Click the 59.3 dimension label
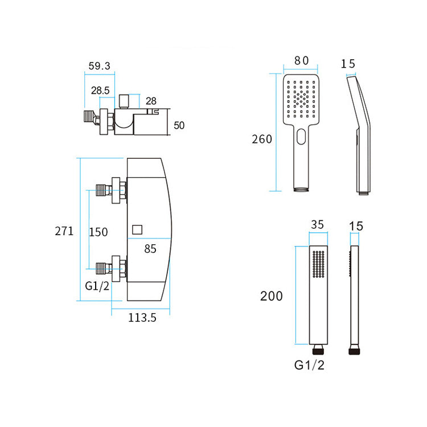click(100, 65)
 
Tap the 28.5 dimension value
click(100, 90)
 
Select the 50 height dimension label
click(179, 125)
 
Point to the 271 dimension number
click(64, 231)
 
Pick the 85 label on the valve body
click(150, 248)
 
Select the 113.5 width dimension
click(142, 318)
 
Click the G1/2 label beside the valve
click(97, 286)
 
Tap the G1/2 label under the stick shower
click(310, 365)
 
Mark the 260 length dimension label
click(262, 139)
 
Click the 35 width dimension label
click(317, 225)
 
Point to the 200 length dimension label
click(272, 296)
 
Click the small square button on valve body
click(137, 230)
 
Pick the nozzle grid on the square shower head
click(301, 100)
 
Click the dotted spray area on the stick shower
click(318, 266)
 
